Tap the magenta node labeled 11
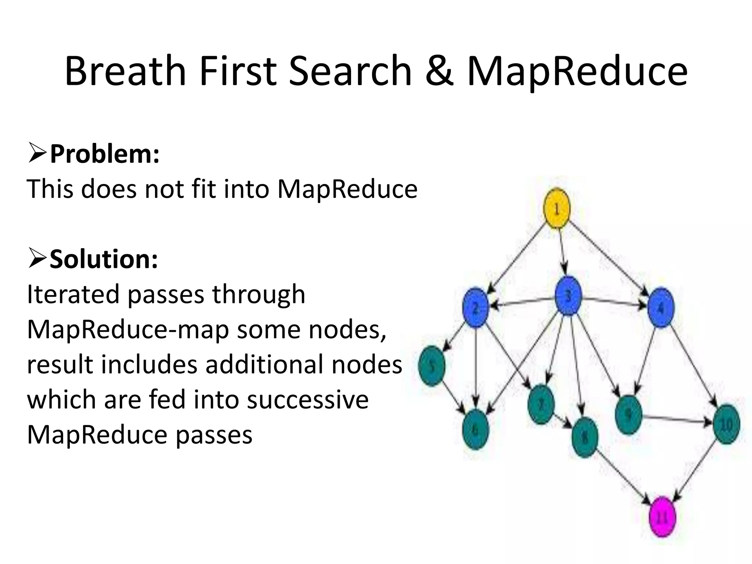(662, 517)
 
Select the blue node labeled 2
(476, 307)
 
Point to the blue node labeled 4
(661, 308)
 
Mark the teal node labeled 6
(476, 429)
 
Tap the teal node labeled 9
(629, 415)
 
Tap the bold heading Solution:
(104, 259)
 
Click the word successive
(308, 399)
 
